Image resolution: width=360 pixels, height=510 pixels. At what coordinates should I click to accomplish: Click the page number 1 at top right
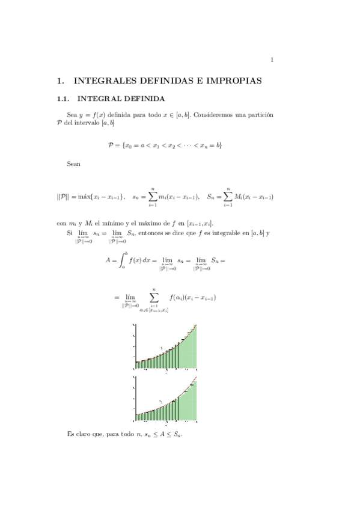(272, 60)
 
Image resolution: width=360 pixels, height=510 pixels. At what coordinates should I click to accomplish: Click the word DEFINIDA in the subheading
(140, 99)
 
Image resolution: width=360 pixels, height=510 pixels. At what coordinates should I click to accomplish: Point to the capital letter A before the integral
(108, 261)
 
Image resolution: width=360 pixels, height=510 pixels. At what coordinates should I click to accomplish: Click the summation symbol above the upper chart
(154, 297)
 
